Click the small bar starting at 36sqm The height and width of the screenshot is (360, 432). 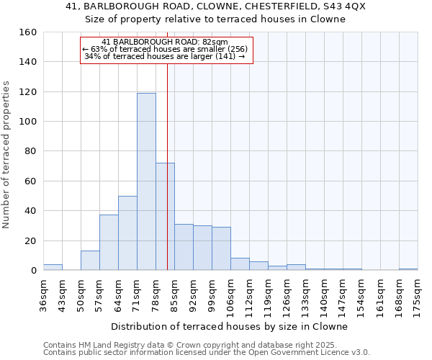click(x=53, y=267)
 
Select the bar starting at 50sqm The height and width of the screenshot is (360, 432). click(x=90, y=260)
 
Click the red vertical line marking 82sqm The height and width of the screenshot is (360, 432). click(x=167, y=158)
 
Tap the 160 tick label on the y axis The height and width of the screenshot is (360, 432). click(x=27, y=32)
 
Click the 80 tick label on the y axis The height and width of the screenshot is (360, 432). click(x=30, y=151)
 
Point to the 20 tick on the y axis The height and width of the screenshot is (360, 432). click(x=30, y=240)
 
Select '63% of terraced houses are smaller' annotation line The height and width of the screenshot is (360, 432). click(x=166, y=49)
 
